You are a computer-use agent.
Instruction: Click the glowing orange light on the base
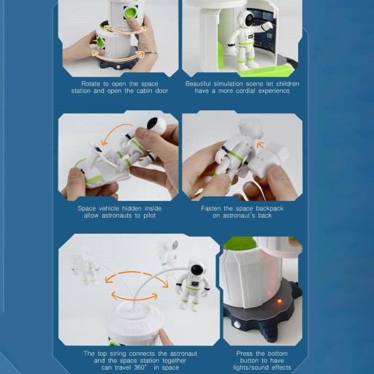click(280, 302)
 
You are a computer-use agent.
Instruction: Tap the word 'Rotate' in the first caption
click(91, 84)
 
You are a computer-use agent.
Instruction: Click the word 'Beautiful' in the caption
click(198, 84)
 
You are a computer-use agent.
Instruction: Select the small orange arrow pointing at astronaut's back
click(261, 145)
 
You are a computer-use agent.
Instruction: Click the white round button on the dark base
click(237, 324)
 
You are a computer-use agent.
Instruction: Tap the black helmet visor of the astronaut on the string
click(196, 270)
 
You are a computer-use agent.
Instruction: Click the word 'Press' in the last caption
click(244, 354)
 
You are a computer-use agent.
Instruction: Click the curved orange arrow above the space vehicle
click(116, 133)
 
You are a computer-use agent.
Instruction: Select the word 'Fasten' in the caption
click(211, 208)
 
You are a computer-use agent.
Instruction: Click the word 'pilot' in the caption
click(148, 215)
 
